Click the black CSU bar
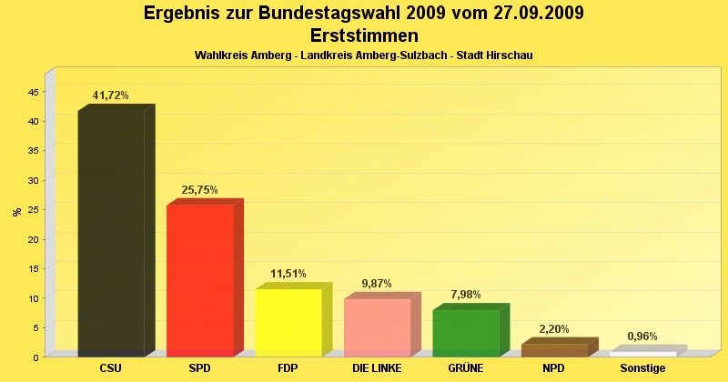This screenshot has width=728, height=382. pos(111,232)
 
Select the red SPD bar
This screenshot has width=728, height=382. pos(199,280)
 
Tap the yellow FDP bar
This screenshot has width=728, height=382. pos(288,322)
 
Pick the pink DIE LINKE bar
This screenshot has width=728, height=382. pos(377,327)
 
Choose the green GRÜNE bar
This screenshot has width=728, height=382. pos(465,333)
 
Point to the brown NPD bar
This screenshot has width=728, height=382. pos(554,350)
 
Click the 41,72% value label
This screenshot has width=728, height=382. pos(111,95)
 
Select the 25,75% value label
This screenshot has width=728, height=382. pos(199,190)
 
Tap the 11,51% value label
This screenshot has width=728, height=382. pos(288,274)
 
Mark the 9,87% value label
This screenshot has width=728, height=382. pos(377,284)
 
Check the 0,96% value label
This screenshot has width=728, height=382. pos(642,337)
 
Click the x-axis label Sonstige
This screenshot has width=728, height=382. pos(642,368)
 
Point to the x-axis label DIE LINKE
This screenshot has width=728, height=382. pos(377,368)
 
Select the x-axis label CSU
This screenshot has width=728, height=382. pos(111,368)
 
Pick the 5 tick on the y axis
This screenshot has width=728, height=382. pos(35,327)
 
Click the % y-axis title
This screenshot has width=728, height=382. pos(16,212)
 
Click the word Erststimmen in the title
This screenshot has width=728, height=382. pos(364,35)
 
